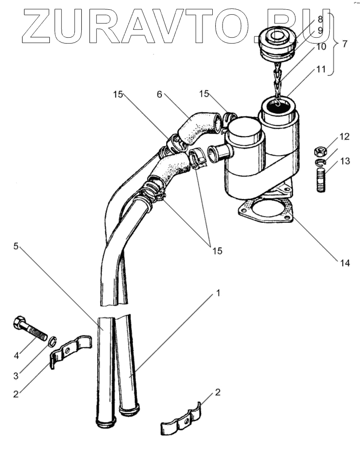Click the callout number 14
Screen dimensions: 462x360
pyautogui.click(x=345, y=263)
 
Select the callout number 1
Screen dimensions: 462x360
pyautogui.click(x=218, y=293)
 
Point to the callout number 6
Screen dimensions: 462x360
pyautogui.click(x=159, y=94)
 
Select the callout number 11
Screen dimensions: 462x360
pyautogui.click(x=320, y=69)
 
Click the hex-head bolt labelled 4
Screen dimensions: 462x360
pyautogui.click(x=29, y=327)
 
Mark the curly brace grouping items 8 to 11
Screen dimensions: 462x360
pyautogui.click(x=334, y=44)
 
